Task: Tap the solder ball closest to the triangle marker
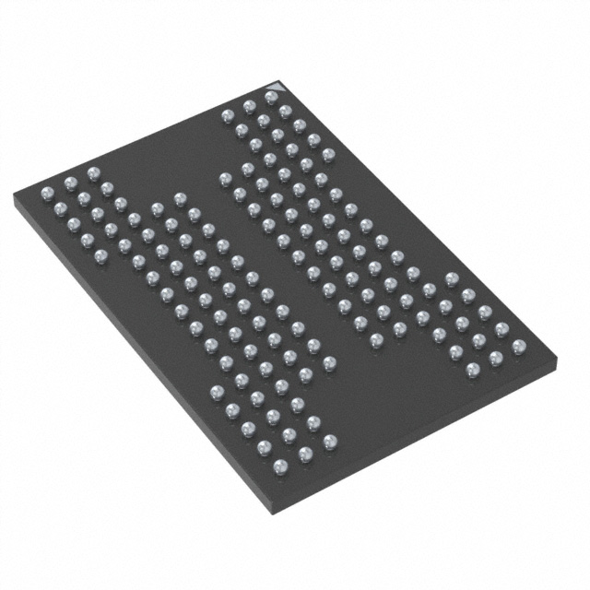point(271,96)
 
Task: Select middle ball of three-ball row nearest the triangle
point(248,106)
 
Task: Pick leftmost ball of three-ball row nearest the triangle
point(226,115)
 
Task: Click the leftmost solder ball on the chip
point(47,193)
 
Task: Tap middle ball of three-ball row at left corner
point(69,182)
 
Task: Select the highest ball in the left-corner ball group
point(91,171)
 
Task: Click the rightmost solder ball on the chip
point(518,347)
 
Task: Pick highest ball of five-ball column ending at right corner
point(451,277)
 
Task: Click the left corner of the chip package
point(15,197)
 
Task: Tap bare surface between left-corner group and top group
point(166,157)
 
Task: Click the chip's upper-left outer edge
point(138,139)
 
